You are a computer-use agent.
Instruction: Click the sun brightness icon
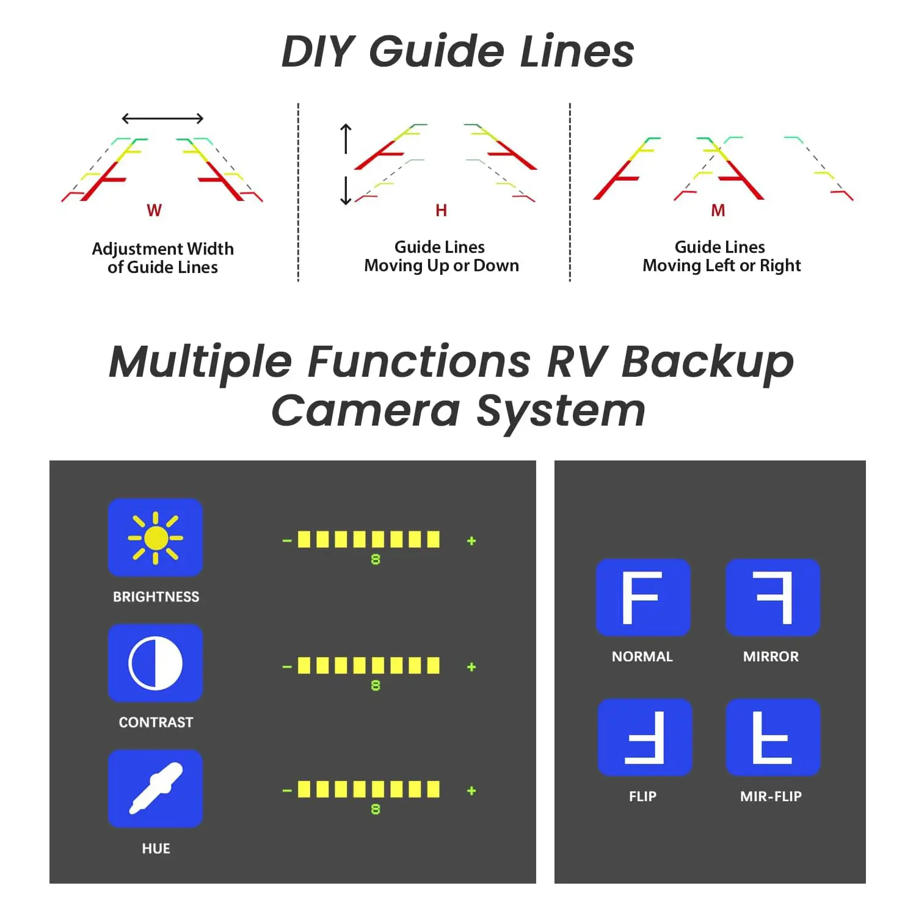[155, 537]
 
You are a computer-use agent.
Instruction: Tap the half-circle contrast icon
[155, 663]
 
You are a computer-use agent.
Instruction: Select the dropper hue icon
[155, 788]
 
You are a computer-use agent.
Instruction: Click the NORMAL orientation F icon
[643, 597]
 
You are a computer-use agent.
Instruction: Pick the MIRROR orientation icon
[772, 597]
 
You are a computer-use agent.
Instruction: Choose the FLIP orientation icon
[645, 737]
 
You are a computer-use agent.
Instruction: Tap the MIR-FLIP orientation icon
[772, 737]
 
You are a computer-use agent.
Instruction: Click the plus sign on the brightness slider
[471, 541]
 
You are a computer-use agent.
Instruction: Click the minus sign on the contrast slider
[287, 666]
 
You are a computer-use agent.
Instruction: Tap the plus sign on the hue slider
[471, 791]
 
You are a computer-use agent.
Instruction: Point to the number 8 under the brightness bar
[376, 559]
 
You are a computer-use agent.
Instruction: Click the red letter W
[154, 211]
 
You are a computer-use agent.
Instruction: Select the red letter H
[441, 211]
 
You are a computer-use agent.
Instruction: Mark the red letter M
[718, 211]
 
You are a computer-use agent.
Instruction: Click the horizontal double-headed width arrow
[162, 118]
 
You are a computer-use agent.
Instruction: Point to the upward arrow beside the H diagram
[346, 138]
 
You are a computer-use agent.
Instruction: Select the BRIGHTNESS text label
[156, 597]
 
